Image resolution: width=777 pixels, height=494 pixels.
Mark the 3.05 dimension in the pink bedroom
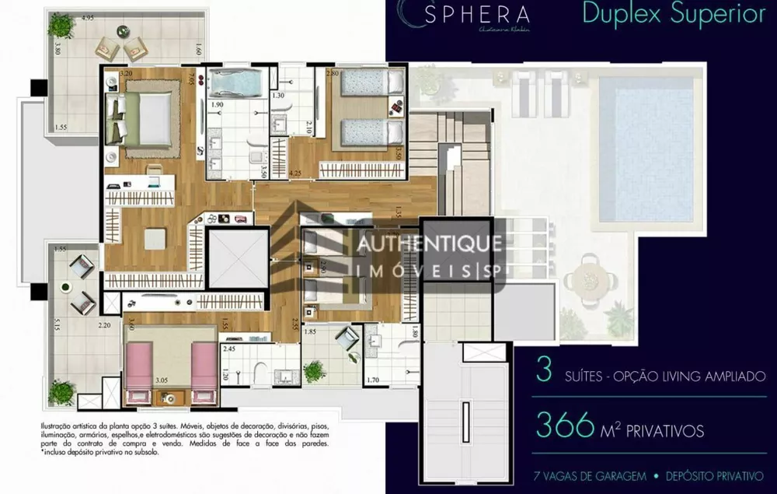[162, 380]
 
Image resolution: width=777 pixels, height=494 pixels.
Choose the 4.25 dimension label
[294, 173]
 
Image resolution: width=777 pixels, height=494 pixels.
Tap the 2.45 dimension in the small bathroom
[229, 349]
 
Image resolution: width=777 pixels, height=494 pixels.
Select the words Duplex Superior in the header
[674, 15]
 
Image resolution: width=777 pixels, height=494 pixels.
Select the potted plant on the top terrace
[61, 26]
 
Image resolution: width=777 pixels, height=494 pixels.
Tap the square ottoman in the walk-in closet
[155, 239]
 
